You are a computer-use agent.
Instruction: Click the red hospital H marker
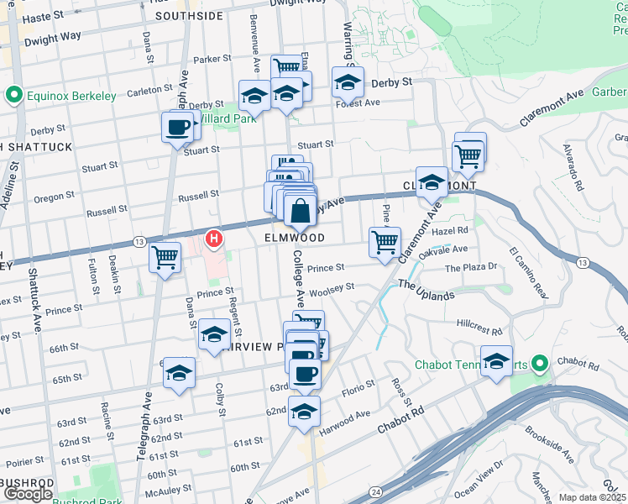point(215,239)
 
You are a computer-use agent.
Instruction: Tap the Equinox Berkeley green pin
point(13,96)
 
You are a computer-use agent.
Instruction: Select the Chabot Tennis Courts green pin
point(539,364)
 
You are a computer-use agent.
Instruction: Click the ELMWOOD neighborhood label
point(298,238)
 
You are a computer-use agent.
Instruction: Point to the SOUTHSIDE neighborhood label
point(189,15)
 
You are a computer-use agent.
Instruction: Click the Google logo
point(28,494)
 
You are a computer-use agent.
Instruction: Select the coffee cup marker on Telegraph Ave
point(176,128)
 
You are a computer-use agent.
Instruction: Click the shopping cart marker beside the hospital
point(165,256)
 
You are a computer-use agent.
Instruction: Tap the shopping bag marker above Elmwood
point(301,212)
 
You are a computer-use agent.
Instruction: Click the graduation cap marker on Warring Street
point(347,83)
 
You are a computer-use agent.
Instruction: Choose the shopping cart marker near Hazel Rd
point(385,242)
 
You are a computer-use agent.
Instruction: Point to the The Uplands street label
point(427,290)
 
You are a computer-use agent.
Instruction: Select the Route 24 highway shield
point(374,490)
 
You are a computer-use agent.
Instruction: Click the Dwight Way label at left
point(52,37)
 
